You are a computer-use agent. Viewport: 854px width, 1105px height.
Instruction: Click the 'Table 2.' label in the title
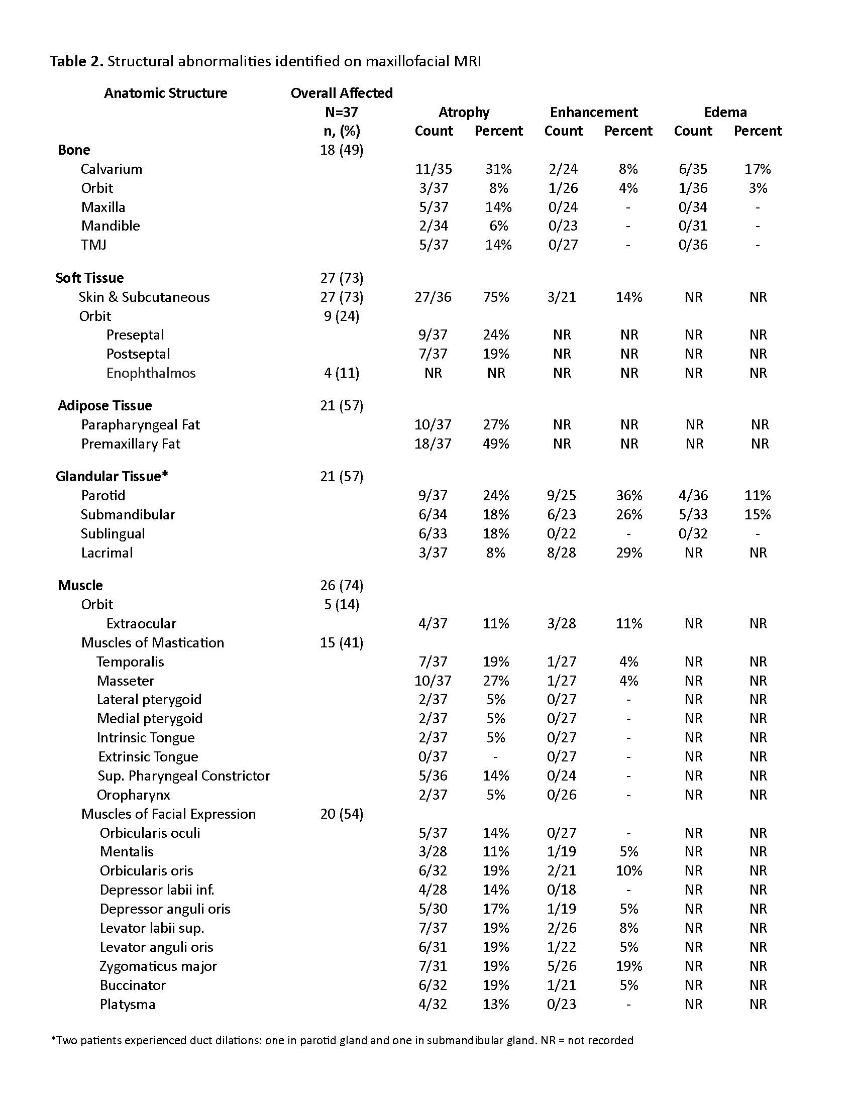tap(77, 61)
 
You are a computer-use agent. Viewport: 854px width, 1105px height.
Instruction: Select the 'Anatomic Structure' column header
tap(165, 93)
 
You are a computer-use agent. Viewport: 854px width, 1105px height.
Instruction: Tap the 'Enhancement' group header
tap(593, 112)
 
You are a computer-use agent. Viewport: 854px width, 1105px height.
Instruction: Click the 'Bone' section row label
tap(74, 150)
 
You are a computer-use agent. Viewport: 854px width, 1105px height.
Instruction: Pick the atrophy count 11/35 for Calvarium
tap(433, 169)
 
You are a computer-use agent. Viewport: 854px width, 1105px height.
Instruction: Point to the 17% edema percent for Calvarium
tap(758, 169)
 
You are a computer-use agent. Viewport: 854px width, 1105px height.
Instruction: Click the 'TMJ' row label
tap(93, 245)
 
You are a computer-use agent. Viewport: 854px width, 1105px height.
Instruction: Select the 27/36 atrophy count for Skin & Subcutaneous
tap(433, 297)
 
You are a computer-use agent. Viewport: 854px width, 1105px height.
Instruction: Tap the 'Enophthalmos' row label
tap(151, 373)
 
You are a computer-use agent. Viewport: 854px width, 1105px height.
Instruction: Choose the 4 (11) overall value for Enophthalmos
tap(342, 373)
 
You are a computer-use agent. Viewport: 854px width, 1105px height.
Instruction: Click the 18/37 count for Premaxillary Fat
tap(433, 444)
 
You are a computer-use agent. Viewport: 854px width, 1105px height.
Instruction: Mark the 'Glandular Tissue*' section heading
tap(112, 476)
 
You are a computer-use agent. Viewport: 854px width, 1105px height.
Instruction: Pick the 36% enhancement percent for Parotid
tap(628, 495)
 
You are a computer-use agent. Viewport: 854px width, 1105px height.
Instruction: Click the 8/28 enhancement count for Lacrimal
tap(561, 552)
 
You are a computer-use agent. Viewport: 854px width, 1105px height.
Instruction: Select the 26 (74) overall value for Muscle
tap(342, 585)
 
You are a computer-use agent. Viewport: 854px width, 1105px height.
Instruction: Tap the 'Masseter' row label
tap(126, 681)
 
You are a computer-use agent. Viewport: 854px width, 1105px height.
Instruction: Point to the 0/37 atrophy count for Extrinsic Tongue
tap(433, 756)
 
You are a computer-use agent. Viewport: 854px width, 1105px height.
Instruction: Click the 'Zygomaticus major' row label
tap(158, 966)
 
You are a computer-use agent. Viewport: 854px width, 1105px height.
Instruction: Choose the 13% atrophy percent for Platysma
tap(495, 1004)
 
